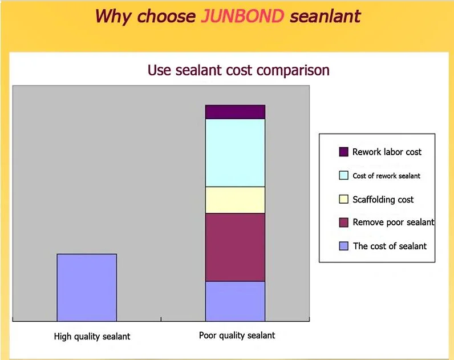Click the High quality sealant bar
pyautogui.click(x=87, y=288)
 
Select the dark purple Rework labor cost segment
pyautogui.click(x=235, y=112)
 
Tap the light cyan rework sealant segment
pyautogui.click(x=235, y=153)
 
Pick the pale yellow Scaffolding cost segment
pyautogui.click(x=235, y=200)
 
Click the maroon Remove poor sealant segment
pyautogui.click(x=235, y=248)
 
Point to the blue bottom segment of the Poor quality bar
pyautogui.click(x=235, y=301)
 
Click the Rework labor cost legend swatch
pyautogui.click(x=344, y=152)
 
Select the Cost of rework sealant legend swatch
pyautogui.click(x=344, y=176)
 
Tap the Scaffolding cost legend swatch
pyautogui.click(x=344, y=199)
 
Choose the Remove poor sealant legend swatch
pyautogui.click(x=344, y=223)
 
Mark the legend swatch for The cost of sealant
pyautogui.click(x=344, y=246)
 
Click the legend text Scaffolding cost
pyautogui.click(x=383, y=200)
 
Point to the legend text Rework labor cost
pyautogui.click(x=387, y=152)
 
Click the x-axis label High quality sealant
pyautogui.click(x=92, y=337)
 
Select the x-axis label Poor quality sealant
pyautogui.click(x=237, y=335)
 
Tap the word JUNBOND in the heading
pyautogui.click(x=242, y=16)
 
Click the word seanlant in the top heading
pyautogui.click(x=326, y=16)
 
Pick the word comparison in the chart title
pyautogui.click(x=293, y=70)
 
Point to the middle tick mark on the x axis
pyautogui.click(x=161, y=319)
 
